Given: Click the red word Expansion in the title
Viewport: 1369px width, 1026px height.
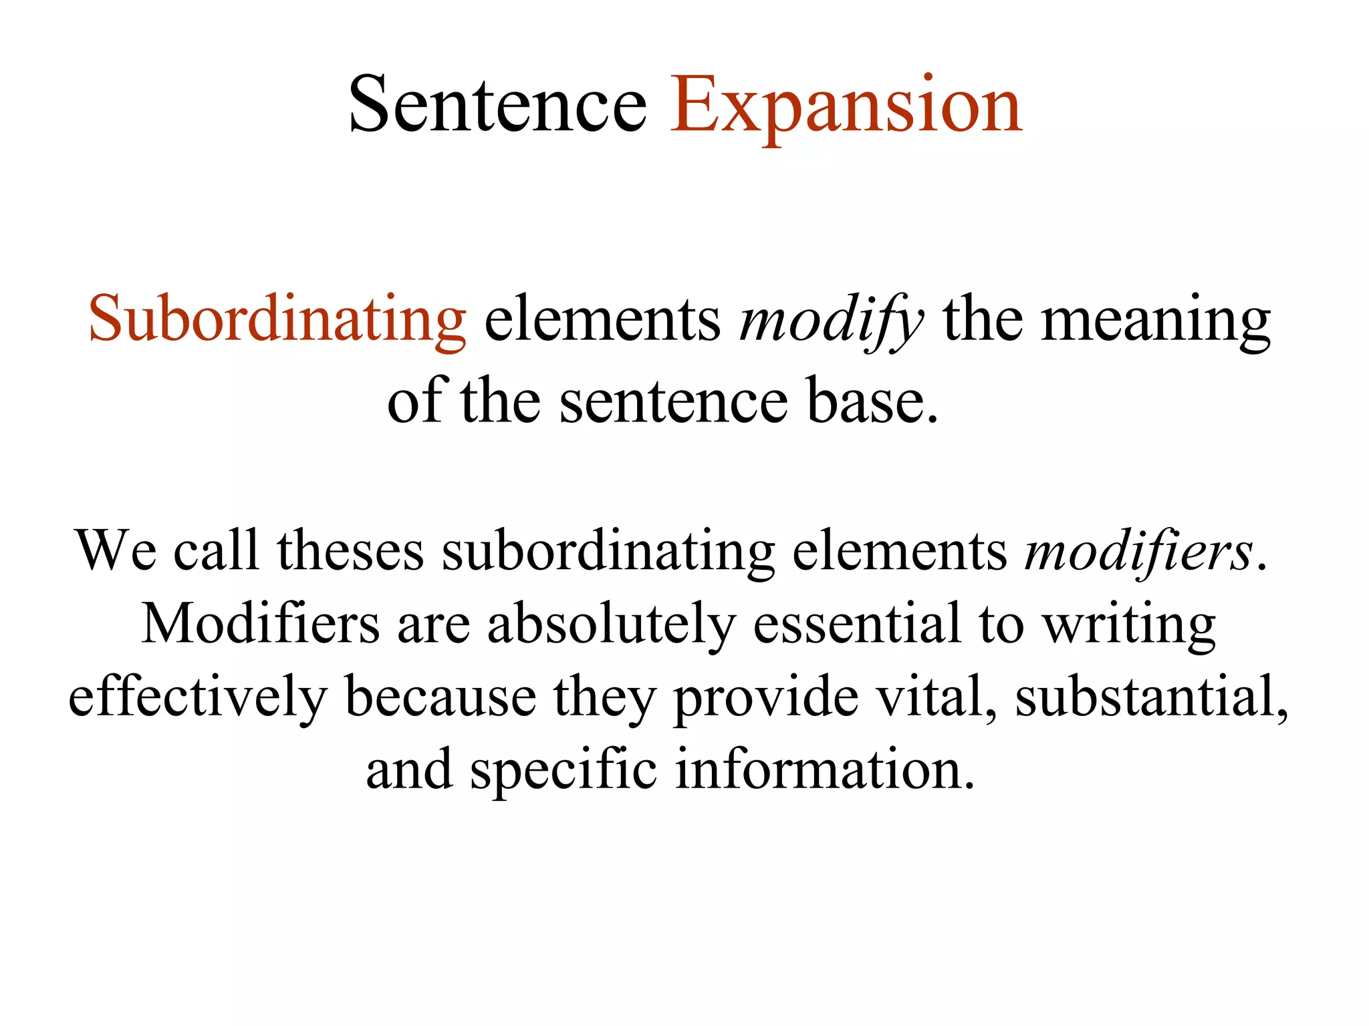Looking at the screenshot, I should pyautogui.click(x=846, y=106).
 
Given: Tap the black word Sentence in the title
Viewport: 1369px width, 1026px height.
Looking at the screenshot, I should pyautogui.click(x=498, y=106).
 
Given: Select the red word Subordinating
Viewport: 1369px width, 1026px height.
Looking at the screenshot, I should pyautogui.click(x=277, y=319).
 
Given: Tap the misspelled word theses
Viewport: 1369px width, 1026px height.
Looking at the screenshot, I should pyautogui.click(x=350, y=551).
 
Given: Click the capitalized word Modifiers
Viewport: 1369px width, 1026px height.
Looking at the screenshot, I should pyautogui.click(x=261, y=624).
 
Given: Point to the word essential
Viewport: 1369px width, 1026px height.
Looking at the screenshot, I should pyautogui.click(x=857, y=624).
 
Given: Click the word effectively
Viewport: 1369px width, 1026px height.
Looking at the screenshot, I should pyautogui.click(x=198, y=697).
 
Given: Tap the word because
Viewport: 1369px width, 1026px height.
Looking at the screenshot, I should pyautogui.click(x=441, y=697).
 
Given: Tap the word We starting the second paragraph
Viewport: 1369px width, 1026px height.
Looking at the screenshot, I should pyautogui.click(x=116, y=551).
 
